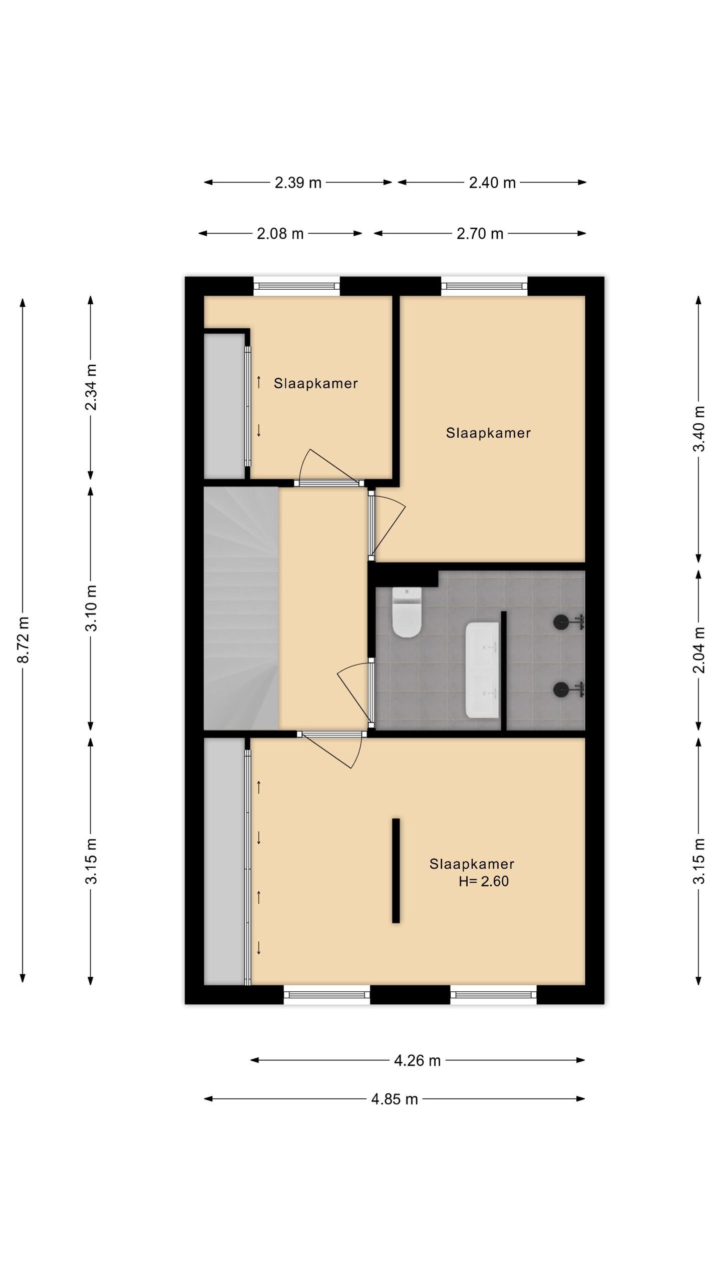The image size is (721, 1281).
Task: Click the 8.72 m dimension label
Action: click(23, 640)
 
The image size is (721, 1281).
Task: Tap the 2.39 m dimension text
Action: click(298, 183)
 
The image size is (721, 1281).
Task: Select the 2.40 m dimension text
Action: click(492, 183)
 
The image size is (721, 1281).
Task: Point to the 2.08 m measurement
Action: click(280, 234)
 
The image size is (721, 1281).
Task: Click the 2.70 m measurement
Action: click(480, 234)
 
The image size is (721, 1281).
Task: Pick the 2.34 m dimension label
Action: click(91, 387)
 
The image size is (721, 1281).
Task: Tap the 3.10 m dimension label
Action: click(91, 608)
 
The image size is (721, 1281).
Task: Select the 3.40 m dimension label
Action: click(699, 429)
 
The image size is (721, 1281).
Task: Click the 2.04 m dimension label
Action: click(699, 650)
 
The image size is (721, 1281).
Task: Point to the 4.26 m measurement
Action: click(417, 1060)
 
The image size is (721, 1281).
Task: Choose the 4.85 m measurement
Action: click(395, 1099)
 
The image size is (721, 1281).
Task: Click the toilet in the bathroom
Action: click(407, 612)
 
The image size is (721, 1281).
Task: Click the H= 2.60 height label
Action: click(484, 881)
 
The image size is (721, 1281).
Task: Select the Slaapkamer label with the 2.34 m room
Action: click(315, 384)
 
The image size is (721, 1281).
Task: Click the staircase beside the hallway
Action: click(241, 608)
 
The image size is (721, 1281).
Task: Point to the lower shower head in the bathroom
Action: click(569, 689)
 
